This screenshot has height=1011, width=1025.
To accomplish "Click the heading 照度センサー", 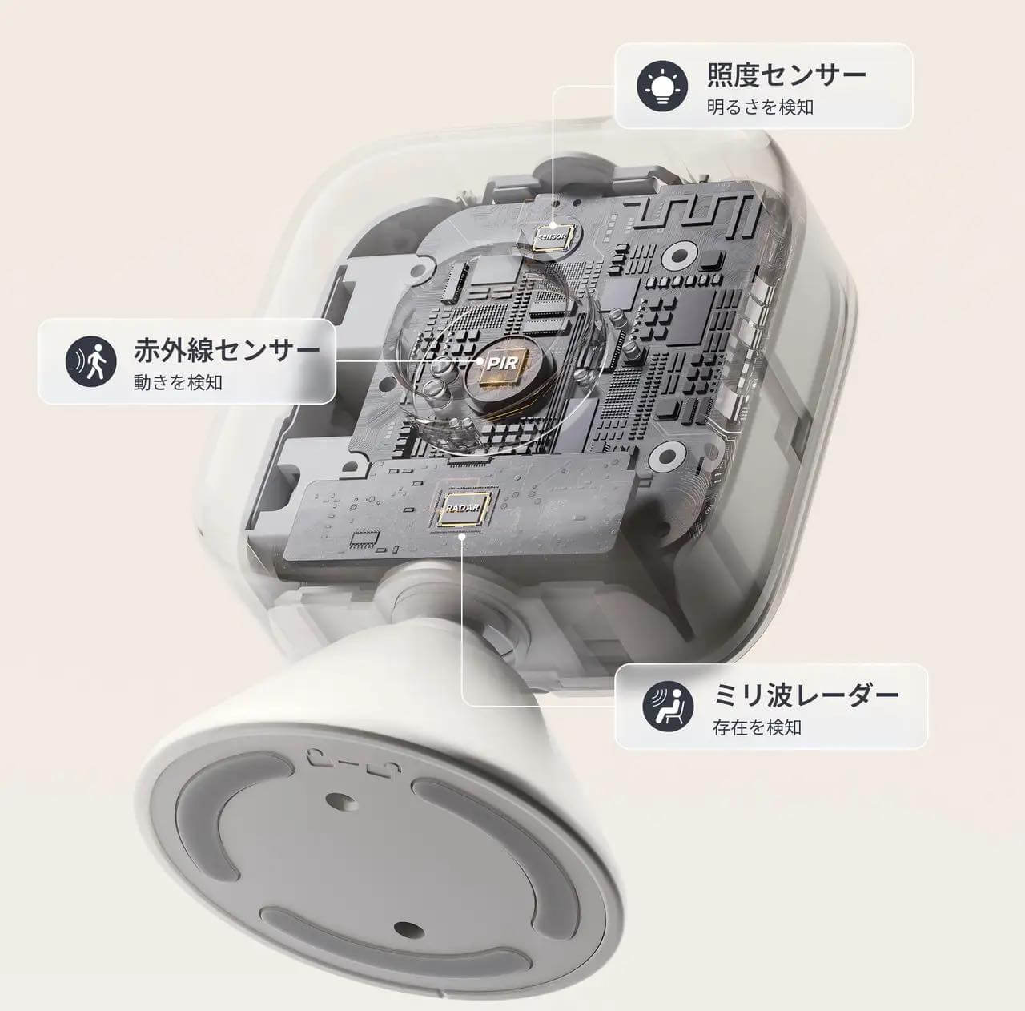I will [x=786, y=75].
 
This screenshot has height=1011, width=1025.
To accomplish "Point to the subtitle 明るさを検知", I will [x=760, y=107].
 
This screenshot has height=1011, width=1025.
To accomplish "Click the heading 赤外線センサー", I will [x=227, y=350].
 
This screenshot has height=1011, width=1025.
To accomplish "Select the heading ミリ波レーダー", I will [x=806, y=695].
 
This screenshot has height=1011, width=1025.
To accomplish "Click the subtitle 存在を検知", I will [x=757, y=727].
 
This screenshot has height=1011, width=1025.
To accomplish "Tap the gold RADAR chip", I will [x=463, y=508].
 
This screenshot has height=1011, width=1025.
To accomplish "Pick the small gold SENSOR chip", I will [x=554, y=236].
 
